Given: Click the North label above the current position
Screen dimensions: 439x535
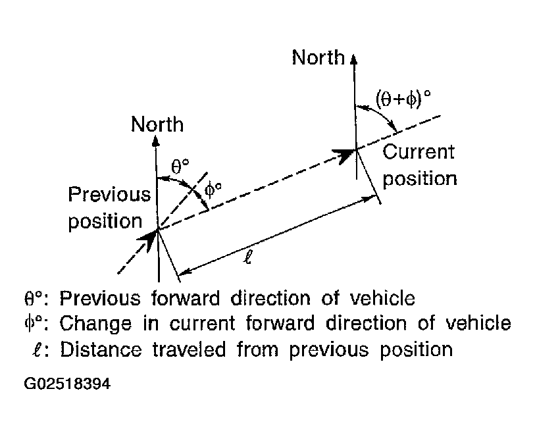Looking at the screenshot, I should coord(318,58).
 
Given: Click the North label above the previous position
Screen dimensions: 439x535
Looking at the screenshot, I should coord(157,124).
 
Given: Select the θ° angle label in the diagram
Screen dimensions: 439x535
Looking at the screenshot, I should coord(180,166).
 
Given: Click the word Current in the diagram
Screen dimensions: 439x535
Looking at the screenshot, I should coord(418,152).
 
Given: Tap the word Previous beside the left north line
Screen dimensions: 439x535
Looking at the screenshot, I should coord(109,195).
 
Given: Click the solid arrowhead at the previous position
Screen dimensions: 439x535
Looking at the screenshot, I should coord(151,238).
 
